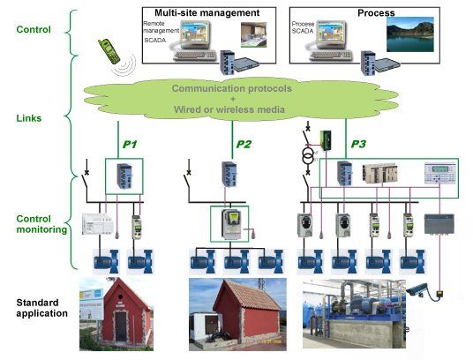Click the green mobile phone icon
(109, 51)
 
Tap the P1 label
(130, 145)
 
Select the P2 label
(244, 144)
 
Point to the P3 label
(358, 144)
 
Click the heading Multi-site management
(206, 13)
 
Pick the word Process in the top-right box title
(376, 13)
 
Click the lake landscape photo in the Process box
(410, 34)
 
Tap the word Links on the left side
(28, 118)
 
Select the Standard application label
(42, 308)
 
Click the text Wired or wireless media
(229, 109)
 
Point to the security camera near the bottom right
(417, 289)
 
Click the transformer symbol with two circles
(308, 154)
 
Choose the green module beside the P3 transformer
(326, 140)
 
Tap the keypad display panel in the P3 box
(440, 173)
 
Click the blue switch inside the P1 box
(124, 176)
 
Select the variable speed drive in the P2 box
(231, 224)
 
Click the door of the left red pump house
(121, 326)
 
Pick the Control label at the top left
(34, 29)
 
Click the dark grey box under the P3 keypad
(439, 224)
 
